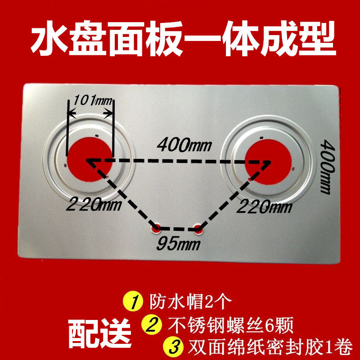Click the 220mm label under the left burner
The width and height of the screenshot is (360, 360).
pos(93,206)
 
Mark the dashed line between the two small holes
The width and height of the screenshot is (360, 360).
pos(177,228)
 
